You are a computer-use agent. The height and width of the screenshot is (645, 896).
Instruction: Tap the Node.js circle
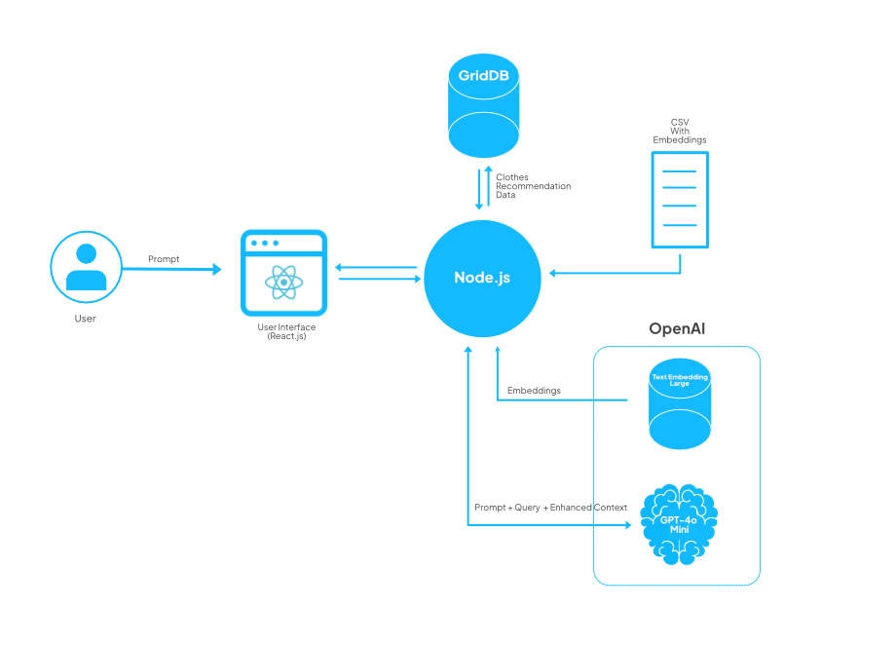tap(482, 278)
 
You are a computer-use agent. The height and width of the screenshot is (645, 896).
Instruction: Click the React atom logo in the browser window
tap(283, 284)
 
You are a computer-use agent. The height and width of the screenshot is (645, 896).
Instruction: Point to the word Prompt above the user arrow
tap(164, 259)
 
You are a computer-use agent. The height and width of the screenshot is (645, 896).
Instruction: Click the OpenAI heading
tap(677, 329)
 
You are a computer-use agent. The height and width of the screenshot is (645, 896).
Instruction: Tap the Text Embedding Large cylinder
tap(680, 404)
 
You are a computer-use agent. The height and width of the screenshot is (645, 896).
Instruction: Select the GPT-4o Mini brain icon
tap(680, 524)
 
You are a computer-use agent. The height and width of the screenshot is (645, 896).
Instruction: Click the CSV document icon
tap(679, 199)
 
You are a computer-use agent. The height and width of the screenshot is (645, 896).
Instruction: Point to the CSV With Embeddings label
tap(679, 132)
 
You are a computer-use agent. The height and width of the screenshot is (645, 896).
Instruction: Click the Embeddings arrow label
tap(534, 391)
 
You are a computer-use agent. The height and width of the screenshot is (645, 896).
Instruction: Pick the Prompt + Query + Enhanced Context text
tap(550, 508)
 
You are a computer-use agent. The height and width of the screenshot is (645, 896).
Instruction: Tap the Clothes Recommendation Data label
tap(533, 186)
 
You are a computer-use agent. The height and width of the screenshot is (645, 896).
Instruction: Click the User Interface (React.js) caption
tap(283, 331)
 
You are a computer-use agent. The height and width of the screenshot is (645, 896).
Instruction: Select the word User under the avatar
tap(86, 319)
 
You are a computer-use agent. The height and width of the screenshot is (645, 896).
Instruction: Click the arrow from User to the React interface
tap(170, 269)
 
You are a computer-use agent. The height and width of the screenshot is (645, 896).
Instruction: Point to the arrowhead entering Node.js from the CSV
tap(554, 273)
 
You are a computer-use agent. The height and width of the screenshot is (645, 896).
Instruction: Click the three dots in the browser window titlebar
tap(263, 243)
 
